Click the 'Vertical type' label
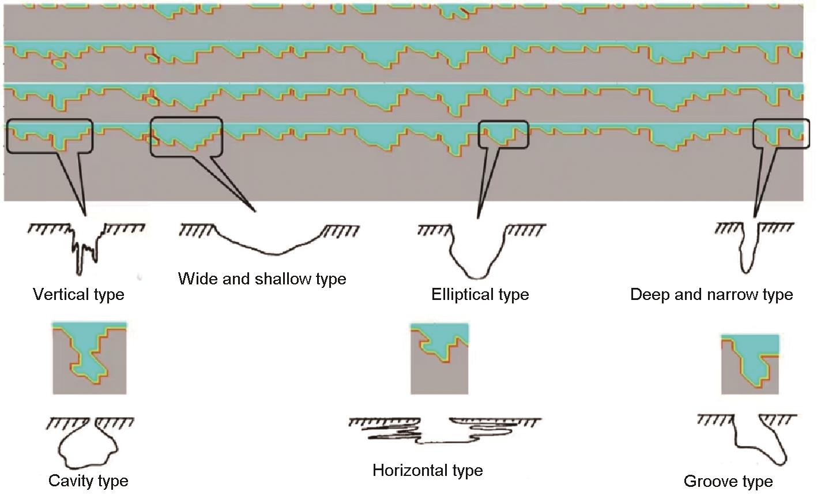point(78,295)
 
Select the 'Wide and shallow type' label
point(262,279)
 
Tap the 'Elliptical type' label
point(480,295)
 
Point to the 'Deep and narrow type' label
point(711,295)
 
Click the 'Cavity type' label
point(88,481)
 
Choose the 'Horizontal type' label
point(427,471)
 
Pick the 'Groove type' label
point(728,482)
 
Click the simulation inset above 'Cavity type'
point(89,358)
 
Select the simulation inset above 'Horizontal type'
point(439,359)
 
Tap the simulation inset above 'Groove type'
point(750,364)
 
